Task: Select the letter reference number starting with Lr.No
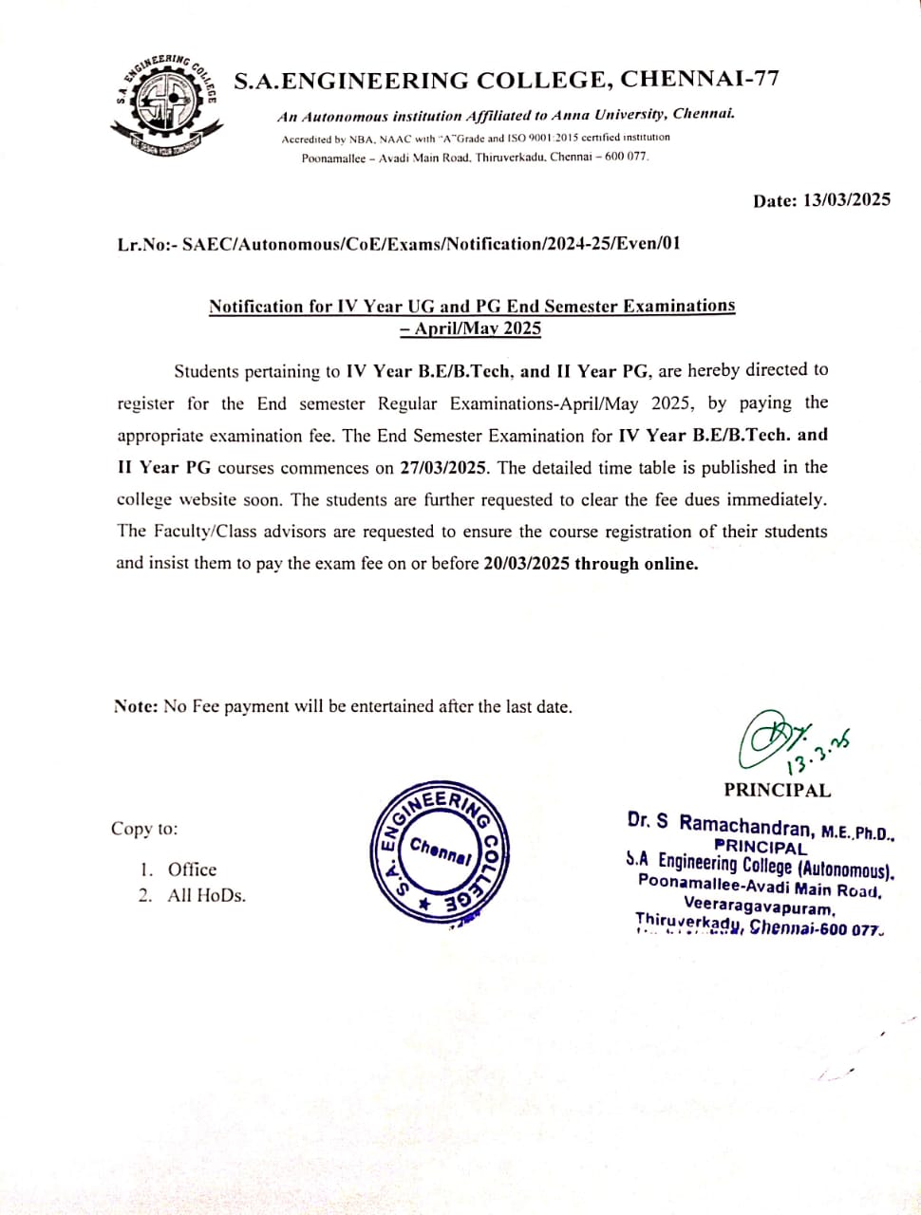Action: point(399,244)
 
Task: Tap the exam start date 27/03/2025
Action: point(452,467)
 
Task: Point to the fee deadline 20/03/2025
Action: point(526,563)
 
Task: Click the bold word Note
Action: point(136,706)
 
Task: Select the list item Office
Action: point(192,869)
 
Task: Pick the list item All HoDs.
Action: point(206,895)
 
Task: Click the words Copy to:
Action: point(144,829)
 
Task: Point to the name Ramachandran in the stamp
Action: point(746,825)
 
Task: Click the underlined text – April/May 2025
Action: point(471,329)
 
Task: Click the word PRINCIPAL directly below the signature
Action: point(777,790)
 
